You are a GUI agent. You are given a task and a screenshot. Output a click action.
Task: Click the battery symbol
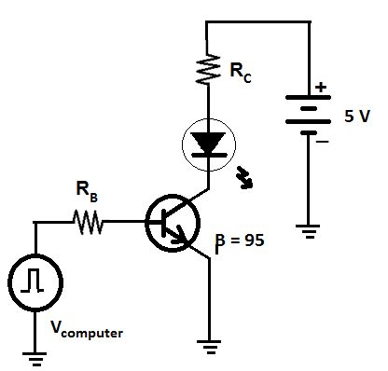coord(307,117)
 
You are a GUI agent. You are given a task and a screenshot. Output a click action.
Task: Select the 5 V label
coord(358,117)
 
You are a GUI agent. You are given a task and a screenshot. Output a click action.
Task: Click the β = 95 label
coord(240,240)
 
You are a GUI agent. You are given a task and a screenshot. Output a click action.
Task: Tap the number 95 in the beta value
coord(255,240)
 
